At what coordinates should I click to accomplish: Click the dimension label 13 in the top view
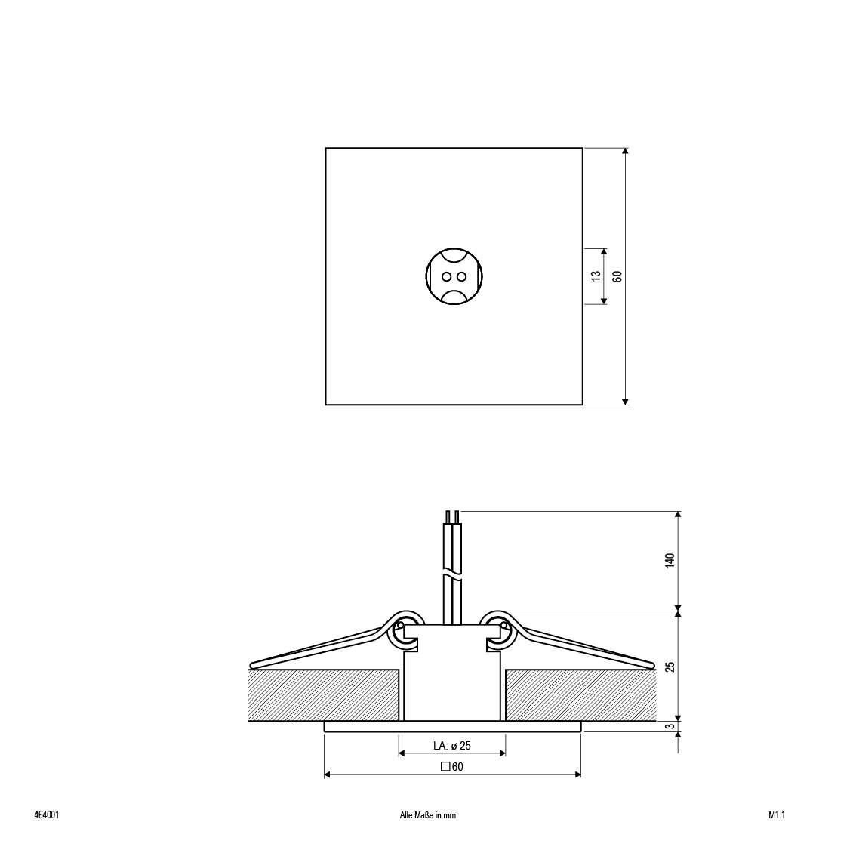coord(596,276)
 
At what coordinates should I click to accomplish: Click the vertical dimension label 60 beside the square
coord(617,276)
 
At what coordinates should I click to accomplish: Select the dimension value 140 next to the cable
coord(670,560)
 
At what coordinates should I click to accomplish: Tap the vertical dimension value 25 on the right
coord(670,666)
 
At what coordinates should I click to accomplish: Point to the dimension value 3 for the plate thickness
coord(670,727)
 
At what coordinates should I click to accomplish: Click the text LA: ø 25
coord(452,746)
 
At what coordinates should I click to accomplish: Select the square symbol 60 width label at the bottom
coord(452,767)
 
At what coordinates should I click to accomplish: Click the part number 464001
coord(47,815)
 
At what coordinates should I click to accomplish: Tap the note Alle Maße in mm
coord(428,815)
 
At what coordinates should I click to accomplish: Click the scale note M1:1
coord(777,815)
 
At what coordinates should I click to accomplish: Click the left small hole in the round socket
coord(447,276)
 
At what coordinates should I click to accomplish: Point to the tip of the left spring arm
coord(253,665)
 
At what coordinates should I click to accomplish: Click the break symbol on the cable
coord(452,577)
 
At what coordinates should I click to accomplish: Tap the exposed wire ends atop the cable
coord(452,517)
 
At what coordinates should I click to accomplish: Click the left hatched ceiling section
coord(323,694)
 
